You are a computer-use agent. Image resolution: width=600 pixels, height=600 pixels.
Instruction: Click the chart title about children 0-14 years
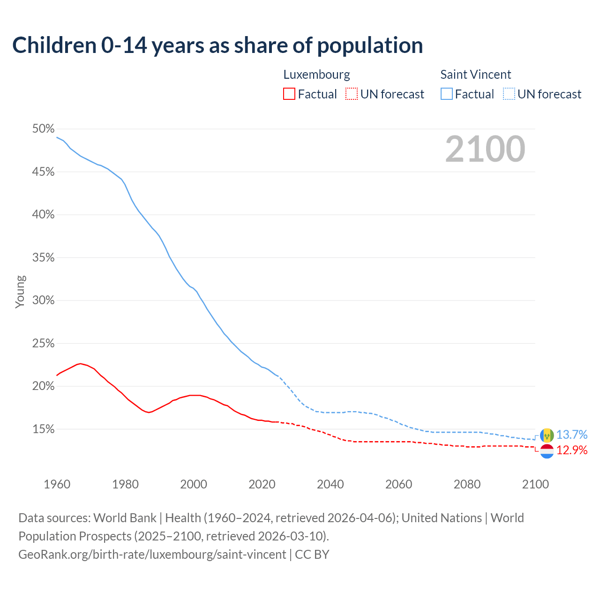click(217, 45)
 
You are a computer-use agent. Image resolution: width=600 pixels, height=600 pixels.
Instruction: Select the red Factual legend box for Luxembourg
click(289, 94)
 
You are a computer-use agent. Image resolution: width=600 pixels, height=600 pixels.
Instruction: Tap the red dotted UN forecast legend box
click(352, 94)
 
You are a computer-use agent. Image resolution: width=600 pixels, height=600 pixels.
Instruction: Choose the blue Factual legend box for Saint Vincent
click(447, 94)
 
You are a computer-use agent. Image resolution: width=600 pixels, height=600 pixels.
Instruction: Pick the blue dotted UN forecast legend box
click(509, 94)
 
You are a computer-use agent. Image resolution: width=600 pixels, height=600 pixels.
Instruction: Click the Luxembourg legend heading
click(316, 75)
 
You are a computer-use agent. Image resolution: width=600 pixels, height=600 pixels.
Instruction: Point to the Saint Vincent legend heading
click(475, 75)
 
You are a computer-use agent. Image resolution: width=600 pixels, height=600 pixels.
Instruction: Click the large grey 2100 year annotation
click(485, 149)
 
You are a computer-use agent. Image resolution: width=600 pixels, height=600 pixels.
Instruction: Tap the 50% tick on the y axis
click(43, 129)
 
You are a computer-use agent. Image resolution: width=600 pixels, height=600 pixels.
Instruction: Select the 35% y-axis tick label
click(43, 258)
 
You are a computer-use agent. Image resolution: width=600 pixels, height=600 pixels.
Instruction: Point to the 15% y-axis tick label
click(43, 429)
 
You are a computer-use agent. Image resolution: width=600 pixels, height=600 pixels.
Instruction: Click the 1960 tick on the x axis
click(57, 484)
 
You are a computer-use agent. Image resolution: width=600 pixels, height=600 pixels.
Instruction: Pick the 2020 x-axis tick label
click(262, 484)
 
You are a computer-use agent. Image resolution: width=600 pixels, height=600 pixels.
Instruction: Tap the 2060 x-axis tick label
click(399, 484)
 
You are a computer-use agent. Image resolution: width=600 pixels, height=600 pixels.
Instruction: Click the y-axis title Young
click(20, 292)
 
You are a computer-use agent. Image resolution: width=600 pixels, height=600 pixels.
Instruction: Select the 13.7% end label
click(572, 435)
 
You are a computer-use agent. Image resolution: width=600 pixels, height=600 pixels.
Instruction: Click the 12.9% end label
click(572, 450)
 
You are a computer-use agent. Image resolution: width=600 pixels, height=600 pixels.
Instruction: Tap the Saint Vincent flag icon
click(547, 435)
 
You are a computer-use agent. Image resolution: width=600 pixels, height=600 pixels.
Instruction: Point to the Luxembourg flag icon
click(547, 451)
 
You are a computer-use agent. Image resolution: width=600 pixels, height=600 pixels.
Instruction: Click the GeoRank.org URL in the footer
click(152, 555)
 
